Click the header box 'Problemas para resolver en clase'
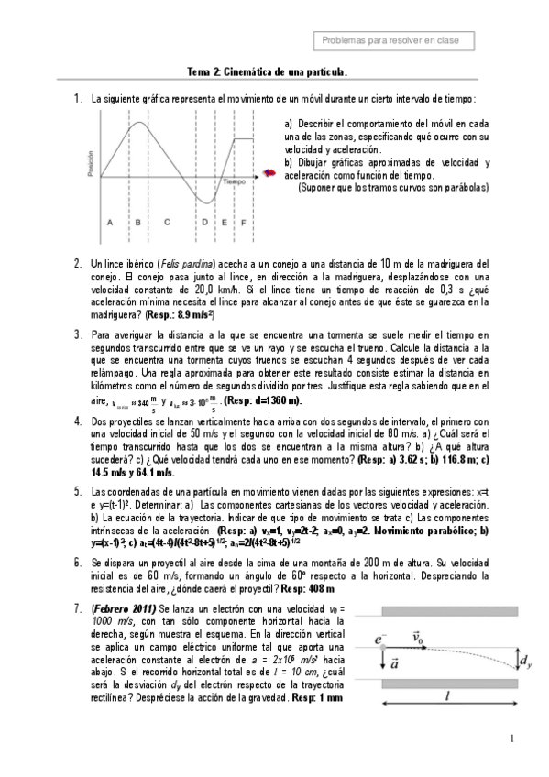[398, 41]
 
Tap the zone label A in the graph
[109, 222]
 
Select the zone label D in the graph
[204, 222]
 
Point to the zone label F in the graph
[243, 222]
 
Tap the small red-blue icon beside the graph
[269, 172]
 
